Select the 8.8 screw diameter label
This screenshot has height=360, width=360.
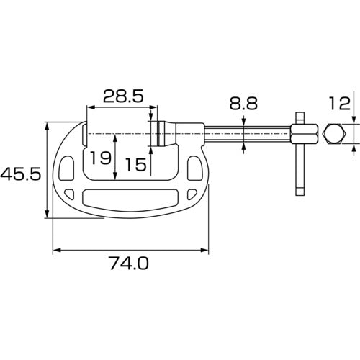243,104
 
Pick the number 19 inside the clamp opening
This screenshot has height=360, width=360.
102,158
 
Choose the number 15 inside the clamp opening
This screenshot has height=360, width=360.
136,165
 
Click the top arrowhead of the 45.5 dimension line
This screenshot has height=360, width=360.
48,126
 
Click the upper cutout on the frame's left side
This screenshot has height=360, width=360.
69,169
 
